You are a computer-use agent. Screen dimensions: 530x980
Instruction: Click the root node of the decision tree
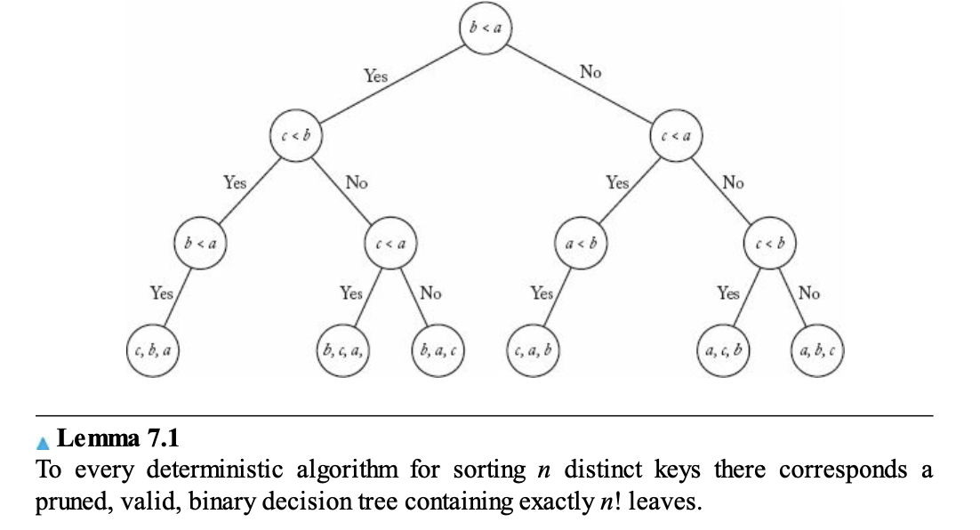[x=485, y=28]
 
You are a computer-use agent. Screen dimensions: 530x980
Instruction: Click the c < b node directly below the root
[x=295, y=135]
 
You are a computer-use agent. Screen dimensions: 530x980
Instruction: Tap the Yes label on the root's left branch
[x=375, y=76]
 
